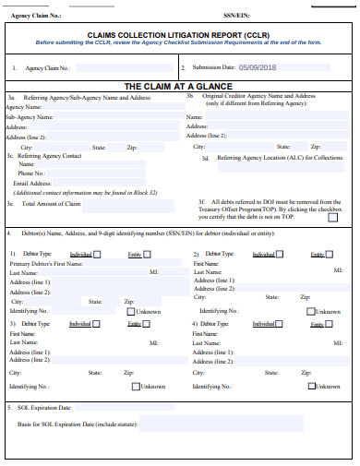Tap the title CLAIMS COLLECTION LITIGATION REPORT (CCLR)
(180, 32)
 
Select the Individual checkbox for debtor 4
(281, 324)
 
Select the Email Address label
(31, 183)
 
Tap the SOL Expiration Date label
(44, 407)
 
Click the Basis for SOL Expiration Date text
(78, 424)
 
